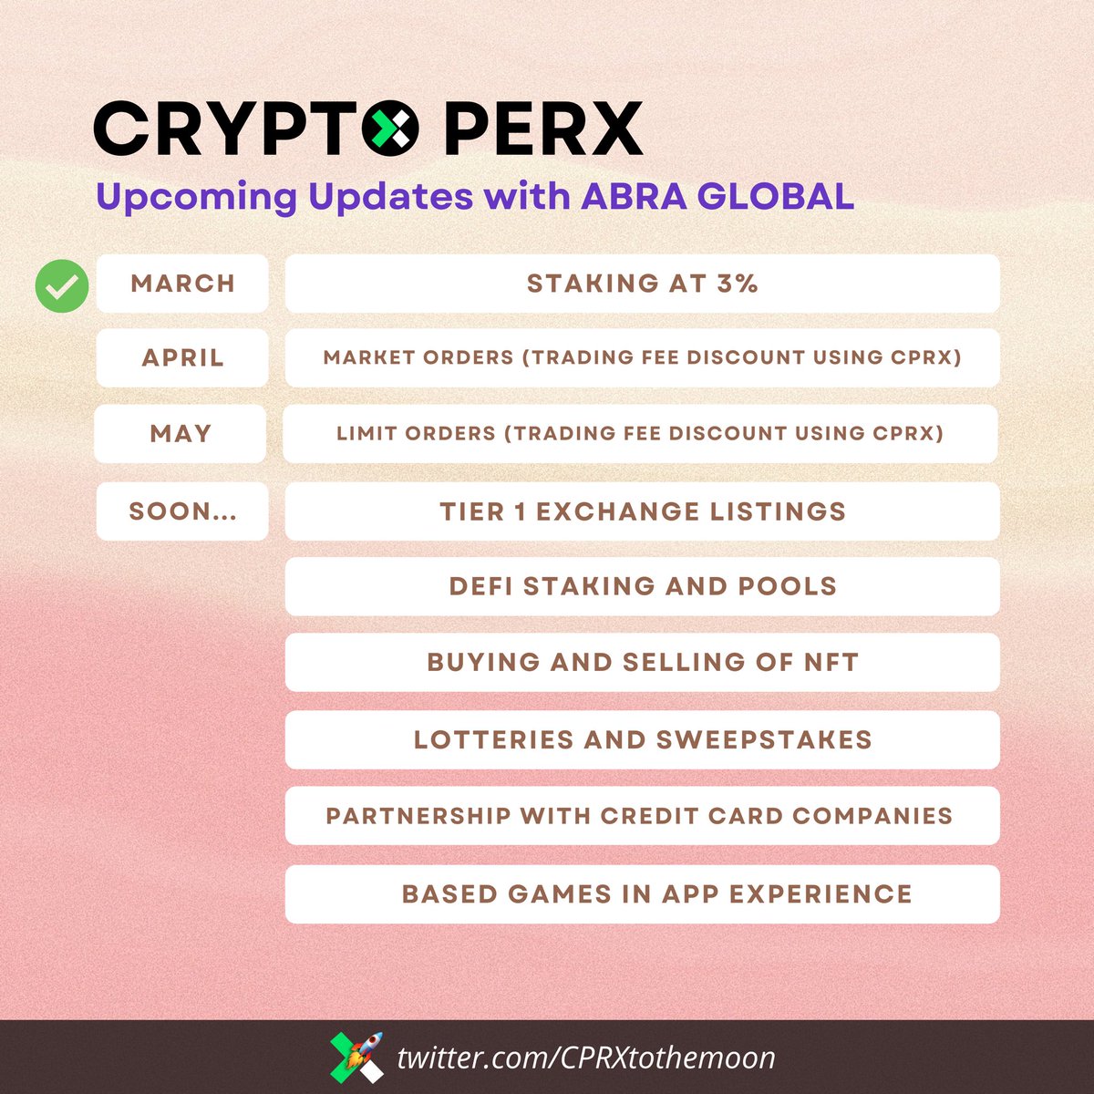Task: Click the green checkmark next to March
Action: pos(62,285)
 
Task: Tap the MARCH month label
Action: pos(182,284)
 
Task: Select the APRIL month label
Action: pos(182,357)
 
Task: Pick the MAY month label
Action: pos(181,433)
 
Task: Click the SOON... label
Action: pos(182,511)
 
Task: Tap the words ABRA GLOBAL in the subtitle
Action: pos(717,196)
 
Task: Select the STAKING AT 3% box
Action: pos(642,284)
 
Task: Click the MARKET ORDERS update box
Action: pos(642,357)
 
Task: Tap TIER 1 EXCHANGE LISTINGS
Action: pos(642,511)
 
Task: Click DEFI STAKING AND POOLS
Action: pos(642,586)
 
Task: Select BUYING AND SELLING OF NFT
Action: pos(642,662)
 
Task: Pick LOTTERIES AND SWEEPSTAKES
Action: pos(642,739)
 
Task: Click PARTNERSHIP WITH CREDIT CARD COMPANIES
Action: pos(642,815)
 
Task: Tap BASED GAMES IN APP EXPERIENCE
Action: pos(642,893)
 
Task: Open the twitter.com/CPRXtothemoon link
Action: pos(586,1058)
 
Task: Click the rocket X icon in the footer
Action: pos(356,1058)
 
